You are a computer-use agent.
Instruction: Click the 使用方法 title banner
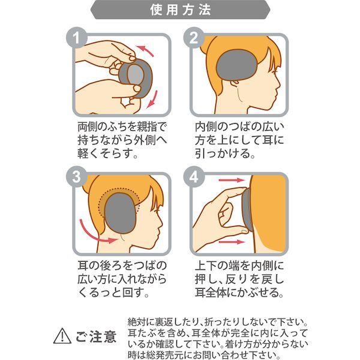tap(180, 11)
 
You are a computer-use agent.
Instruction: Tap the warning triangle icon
tap(62, 336)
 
